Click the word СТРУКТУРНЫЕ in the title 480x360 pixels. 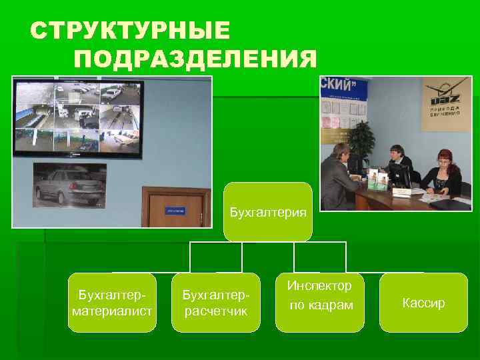pyautogui.click(x=130, y=31)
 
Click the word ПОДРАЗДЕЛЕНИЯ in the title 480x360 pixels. pyautogui.click(x=195, y=59)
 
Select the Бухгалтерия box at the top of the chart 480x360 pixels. pyautogui.click(x=267, y=212)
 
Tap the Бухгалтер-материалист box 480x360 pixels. pyautogui.click(x=112, y=303)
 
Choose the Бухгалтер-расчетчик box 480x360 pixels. pyautogui.click(x=215, y=303)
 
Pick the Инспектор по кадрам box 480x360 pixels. pyautogui.click(x=319, y=302)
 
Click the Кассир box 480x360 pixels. pyautogui.click(x=423, y=303)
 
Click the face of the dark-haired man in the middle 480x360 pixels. pyautogui.click(x=396, y=153)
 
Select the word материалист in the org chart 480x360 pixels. pyautogui.click(x=112, y=311)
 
